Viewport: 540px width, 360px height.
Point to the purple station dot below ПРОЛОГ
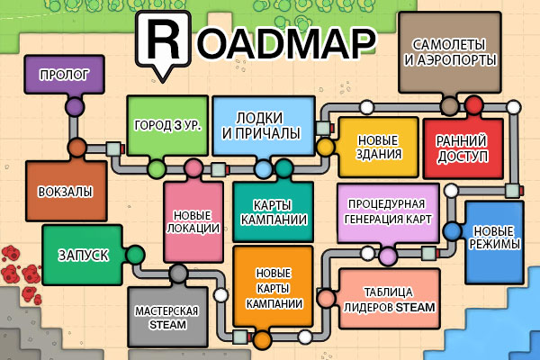click(75, 108)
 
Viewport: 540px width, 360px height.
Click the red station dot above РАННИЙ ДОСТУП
click(474, 106)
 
